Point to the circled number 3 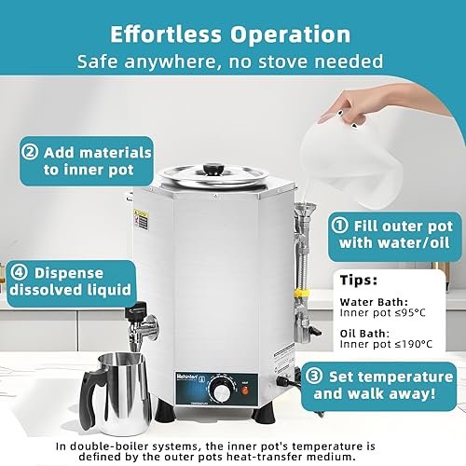(x=315, y=377)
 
